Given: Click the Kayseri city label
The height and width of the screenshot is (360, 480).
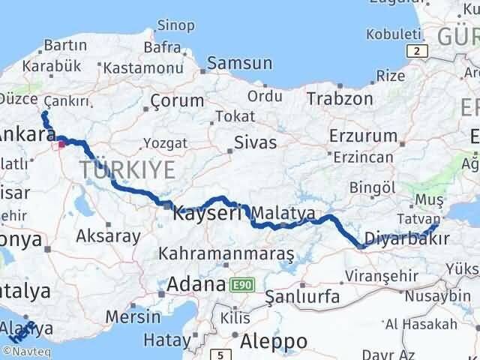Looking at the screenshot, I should click(207, 214).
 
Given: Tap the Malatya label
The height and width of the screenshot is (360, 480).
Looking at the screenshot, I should click(283, 214).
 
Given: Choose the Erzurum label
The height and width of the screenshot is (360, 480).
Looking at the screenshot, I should click(362, 136).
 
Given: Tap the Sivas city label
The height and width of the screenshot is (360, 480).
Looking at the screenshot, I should click(255, 142).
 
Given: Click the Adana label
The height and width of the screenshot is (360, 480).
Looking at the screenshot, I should click(197, 284).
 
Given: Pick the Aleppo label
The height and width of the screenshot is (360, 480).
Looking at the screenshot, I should click(274, 340).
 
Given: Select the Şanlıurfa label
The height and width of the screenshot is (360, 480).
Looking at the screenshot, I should click(304, 297).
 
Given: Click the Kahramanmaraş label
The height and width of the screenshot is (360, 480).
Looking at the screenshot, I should click(226, 254).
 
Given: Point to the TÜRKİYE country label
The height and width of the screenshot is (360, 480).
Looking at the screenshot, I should click(128, 169).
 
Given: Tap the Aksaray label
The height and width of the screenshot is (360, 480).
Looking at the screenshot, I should click(108, 236).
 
